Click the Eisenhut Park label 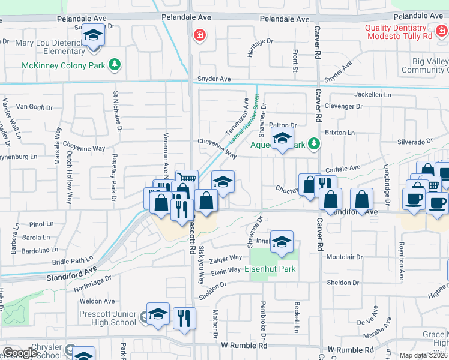pos(271,269)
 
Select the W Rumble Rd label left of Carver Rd pos(244,346)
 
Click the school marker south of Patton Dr pos(282,139)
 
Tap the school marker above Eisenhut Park pos(282,242)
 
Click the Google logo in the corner pos(20,353)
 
